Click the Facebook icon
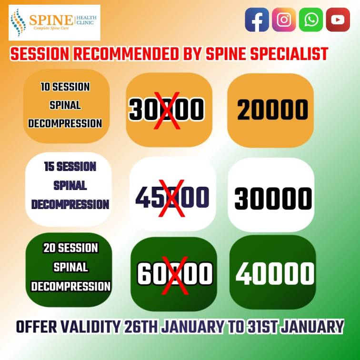point(257,20)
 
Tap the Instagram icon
point(284,20)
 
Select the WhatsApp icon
point(311,20)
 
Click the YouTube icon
point(338,20)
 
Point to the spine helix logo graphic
point(18,22)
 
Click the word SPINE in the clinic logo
point(51,20)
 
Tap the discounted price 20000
point(272,110)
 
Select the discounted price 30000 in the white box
point(273,198)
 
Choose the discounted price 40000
point(275,273)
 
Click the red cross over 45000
point(172,199)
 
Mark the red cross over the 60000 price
point(175,276)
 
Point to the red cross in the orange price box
point(167,110)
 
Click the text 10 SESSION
point(65,87)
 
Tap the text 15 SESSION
point(70,167)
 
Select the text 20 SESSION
point(70,248)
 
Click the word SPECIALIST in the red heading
point(289,54)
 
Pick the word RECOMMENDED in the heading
point(126,54)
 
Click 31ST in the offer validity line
point(263,327)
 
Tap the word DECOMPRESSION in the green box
point(70,287)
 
